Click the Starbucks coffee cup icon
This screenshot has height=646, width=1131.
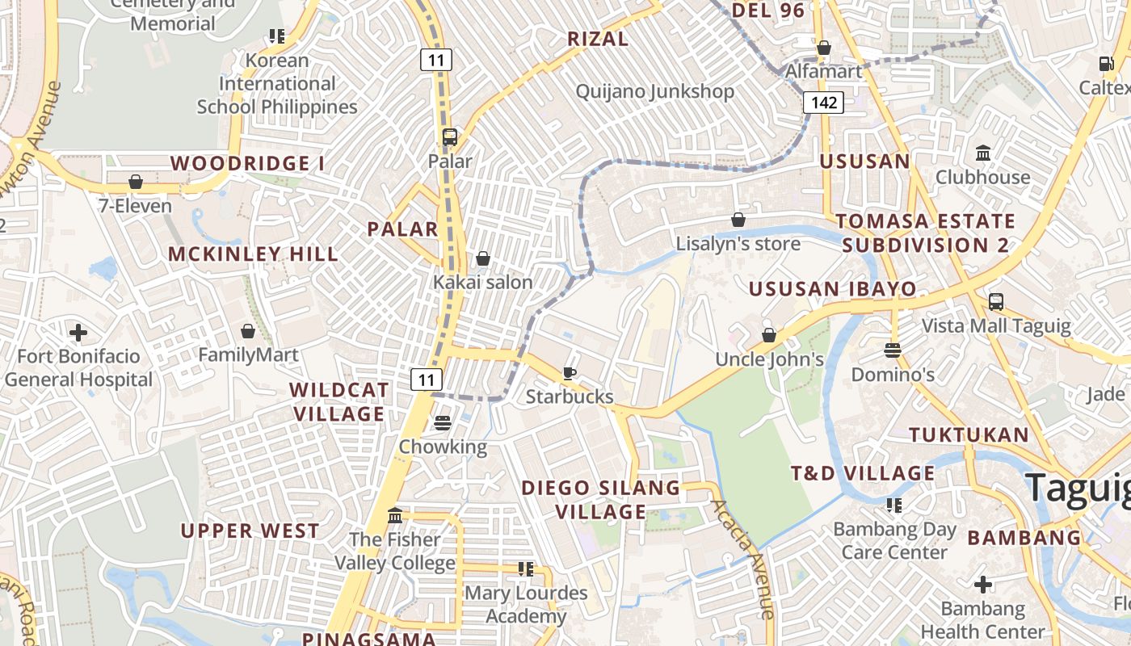coord(570,372)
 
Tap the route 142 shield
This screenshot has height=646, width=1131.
coord(823,103)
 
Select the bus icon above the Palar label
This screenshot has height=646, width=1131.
coord(450,137)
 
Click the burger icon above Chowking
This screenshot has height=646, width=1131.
coord(442,422)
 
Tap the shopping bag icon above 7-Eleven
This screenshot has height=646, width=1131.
coord(136,182)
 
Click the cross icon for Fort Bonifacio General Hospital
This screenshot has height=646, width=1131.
coord(78,332)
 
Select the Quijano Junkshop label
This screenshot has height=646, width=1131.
coord(654,91)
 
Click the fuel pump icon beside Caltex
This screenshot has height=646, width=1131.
coord(1106,64)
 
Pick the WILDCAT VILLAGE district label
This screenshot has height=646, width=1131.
coord(338,401)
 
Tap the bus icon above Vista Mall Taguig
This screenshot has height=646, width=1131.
coord(996,302)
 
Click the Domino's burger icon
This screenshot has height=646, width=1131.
coord(893,350)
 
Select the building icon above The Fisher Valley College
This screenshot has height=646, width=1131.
coord(395,515)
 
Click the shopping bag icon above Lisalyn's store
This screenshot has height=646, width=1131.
coord(738,220)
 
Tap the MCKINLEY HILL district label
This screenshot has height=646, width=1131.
coord(253,254)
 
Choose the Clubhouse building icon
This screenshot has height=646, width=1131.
coord(983,153)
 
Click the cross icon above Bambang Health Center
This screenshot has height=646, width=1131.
coord(982,584)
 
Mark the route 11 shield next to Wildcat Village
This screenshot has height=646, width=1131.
coord(427,380)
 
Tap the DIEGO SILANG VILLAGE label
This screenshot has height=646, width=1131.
coord(601,499)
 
